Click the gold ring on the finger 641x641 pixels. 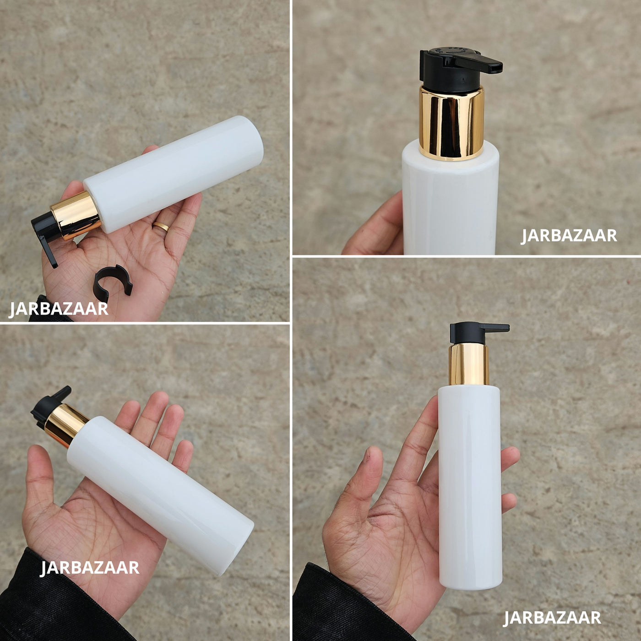[x=161, y=227]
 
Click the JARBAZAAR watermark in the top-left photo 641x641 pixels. [x=59, y=309]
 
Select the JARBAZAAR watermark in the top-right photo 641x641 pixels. [x=569, y=235]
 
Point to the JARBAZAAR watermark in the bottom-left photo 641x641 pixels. [x=89, y=567]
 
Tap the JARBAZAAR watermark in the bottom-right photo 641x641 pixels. [x=552, y=618]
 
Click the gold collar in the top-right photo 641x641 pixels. [x=451, y=122]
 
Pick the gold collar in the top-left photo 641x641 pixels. [x=76, y=215]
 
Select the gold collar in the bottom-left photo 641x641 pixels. [x=65, y=425]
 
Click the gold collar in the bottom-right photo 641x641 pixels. [x=469, y=364]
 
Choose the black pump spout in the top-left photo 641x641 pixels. [x=46, y=238]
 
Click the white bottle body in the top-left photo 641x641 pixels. [x=174, y=174]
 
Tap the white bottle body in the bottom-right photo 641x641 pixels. [x=469, y=487]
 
